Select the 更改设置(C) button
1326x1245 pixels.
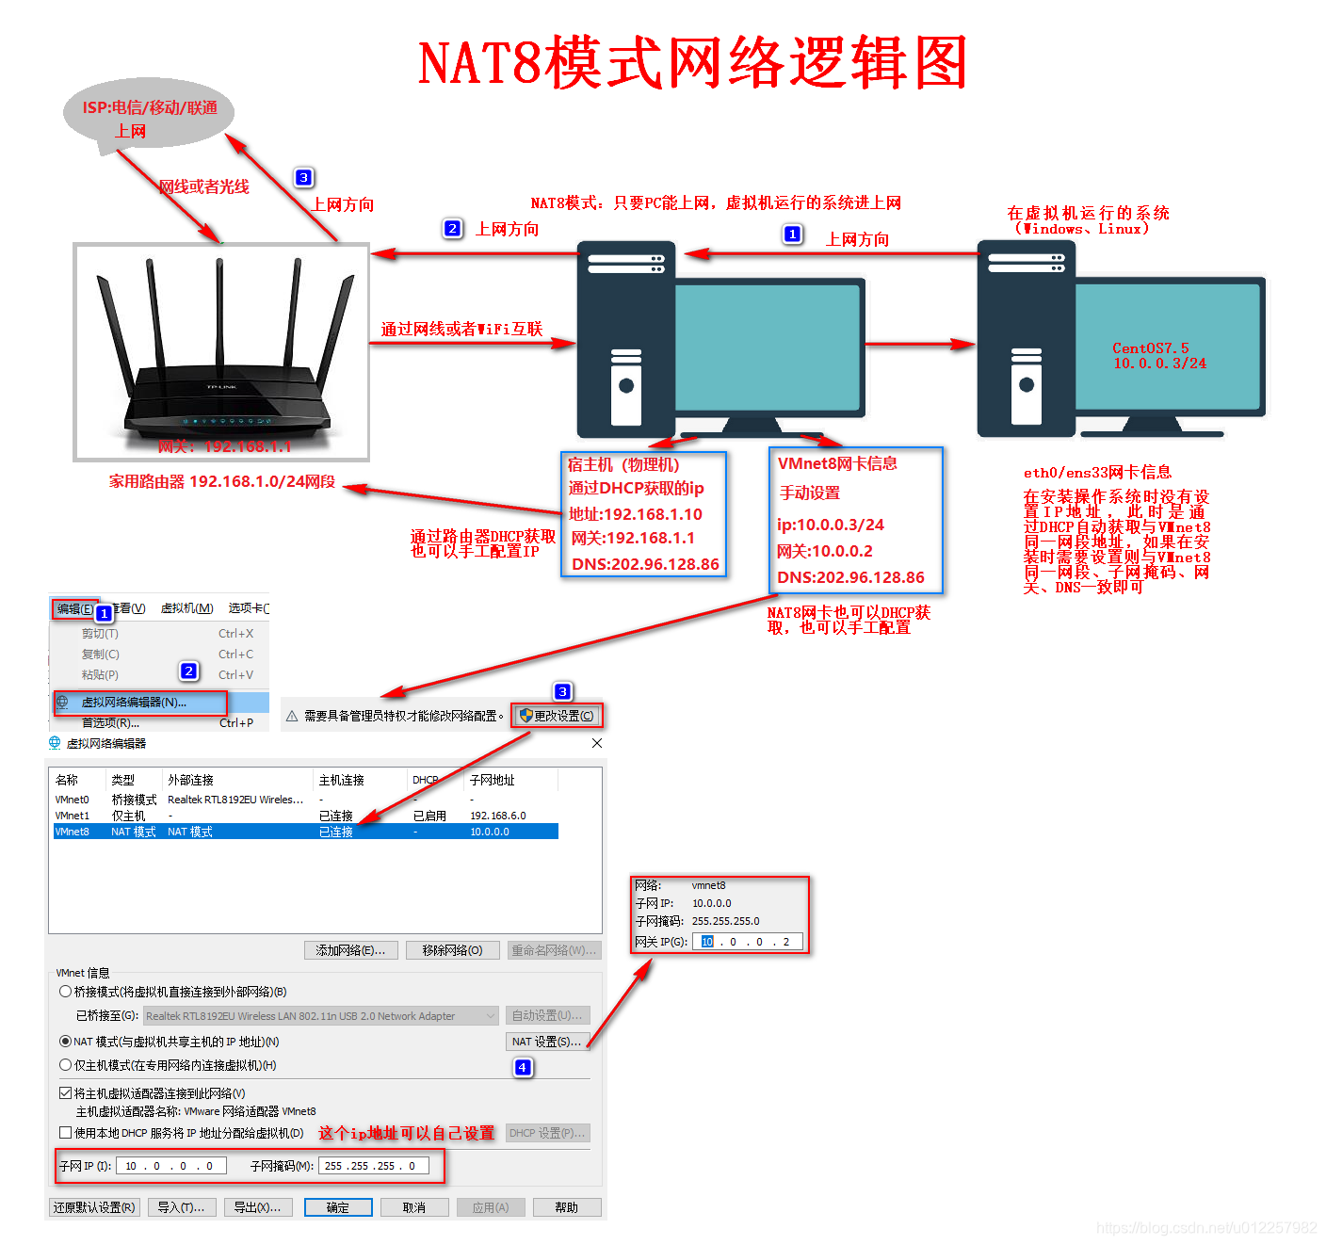(557, 716)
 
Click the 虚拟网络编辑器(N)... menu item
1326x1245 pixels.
(134, 703)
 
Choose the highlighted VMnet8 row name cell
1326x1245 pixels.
(73, 832)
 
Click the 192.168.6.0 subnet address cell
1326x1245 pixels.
(497, 816)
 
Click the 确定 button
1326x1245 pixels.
(338, 1207)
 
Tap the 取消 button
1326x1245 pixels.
(413, 1207)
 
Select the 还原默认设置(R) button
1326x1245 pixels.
(94, 1207)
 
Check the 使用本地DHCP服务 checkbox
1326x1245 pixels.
(66, 1133)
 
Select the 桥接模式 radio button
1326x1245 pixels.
(66, 992)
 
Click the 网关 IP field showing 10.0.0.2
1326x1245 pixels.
(748, 942)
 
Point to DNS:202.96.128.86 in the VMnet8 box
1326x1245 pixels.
(850, 577)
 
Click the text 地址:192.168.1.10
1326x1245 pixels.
(636, 514)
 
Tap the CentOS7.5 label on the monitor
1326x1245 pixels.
(1151, 348)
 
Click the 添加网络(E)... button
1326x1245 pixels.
(350, 950)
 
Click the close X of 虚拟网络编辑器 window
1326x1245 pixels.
(597, 743)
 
